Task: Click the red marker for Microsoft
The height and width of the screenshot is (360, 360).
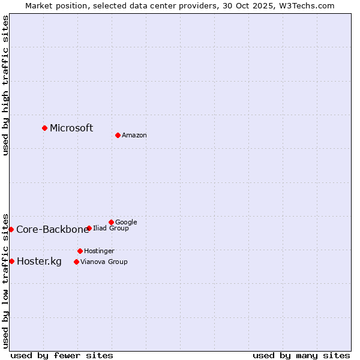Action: click(44, 128)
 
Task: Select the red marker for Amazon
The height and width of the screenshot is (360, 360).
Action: click(118, 135)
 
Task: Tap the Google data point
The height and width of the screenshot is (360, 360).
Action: click(111, 222)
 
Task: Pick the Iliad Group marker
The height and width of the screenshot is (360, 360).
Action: click(89, 228)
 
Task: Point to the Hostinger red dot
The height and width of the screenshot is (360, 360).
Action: click(80, 251)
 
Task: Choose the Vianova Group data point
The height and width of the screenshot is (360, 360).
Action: click(76, 262)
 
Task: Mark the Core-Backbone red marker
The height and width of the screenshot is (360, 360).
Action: click(11, 229)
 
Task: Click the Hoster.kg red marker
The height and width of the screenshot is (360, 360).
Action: click(11, 261)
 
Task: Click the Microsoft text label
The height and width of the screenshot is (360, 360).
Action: click(71, 128)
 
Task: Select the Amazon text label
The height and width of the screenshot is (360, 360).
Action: click(134, 136)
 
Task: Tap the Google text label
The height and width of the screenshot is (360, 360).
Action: click(126, 222)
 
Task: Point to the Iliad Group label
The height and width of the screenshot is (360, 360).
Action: click(111, 228)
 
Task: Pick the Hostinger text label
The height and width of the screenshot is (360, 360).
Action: click(99, 251)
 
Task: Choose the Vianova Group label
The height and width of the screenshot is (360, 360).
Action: click(104, 262)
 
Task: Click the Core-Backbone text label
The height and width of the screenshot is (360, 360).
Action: click(52, 229)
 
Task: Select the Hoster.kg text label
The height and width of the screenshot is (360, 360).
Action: click(39, 261)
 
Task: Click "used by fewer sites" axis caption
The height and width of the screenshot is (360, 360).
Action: click(62, 355)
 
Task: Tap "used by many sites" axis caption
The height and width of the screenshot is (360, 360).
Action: click(301, 355)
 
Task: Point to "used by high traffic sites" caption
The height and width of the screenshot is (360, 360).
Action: click(6, 85)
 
